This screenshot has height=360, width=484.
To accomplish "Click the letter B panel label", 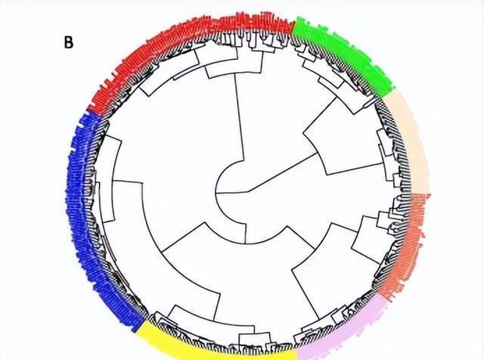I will (x=68, y=42).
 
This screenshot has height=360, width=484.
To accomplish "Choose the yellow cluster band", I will (x=219, y=344).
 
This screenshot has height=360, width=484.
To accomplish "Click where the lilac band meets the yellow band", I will (x=296, y=349).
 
